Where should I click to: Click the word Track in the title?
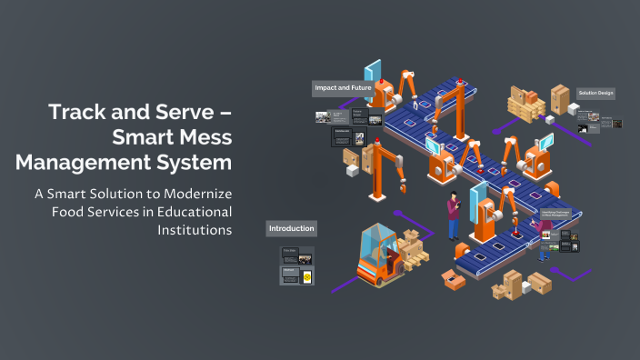pos(79,114)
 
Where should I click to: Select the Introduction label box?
pos(291,228)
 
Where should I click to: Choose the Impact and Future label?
pos(344,88)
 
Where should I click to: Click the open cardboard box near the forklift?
pos(452,278)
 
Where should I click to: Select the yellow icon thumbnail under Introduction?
pos(307,276)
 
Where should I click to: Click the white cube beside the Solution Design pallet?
pos(551,119)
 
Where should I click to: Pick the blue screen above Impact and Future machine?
pos(374,73)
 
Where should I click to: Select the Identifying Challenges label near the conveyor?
pos(562,215)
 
